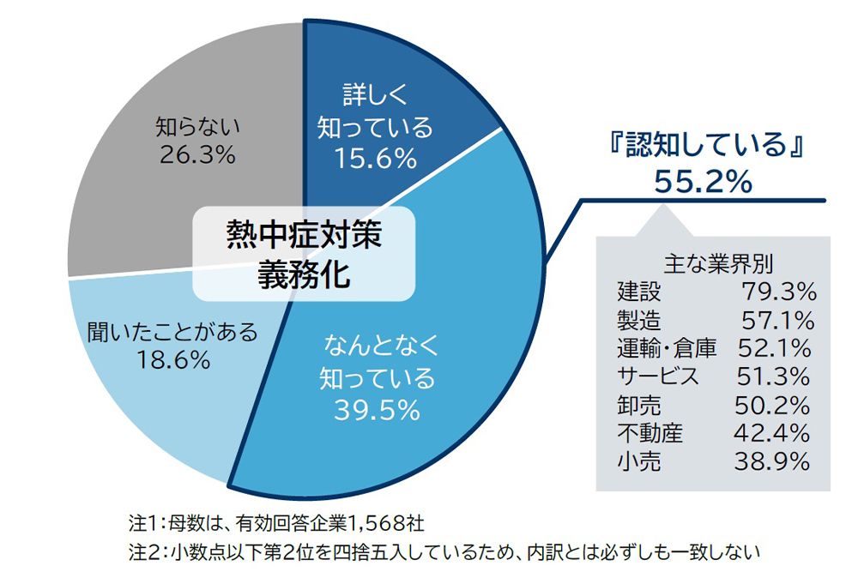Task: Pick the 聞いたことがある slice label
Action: (x=172, y=332)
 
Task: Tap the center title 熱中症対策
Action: (x=303, y=235)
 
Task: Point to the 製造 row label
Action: (x=639, y=320)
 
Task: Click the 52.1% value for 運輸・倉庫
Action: (x=774, y=348)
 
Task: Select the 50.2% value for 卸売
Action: (x=772, y=404)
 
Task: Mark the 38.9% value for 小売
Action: (x=772, y=461)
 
